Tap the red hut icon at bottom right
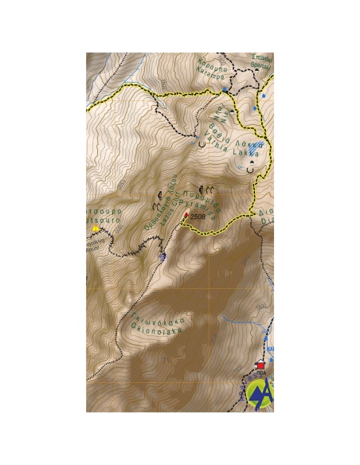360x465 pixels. tap(260, 367)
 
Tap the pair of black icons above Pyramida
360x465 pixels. tap(205, 190)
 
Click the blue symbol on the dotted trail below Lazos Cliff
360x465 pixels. tap(162, 256)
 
